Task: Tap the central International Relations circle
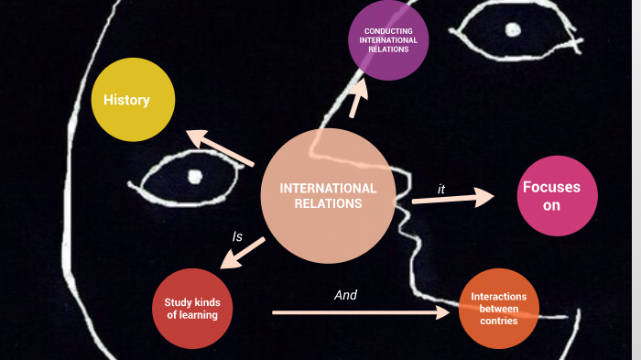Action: tap(328, 195)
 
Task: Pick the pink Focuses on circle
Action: tap(557, 196)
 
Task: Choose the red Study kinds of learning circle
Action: tap(191, 309)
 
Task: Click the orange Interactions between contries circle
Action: tap(498, 309)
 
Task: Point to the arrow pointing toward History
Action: tap(220, 149)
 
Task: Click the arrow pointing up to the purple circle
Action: tap(358, 98)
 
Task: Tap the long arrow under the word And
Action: tap(363, 312)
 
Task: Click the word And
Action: tap(345, 295)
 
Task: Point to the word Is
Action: tap(237, 236)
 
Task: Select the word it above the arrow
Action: tap(441, 189)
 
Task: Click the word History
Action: tap(126, 99)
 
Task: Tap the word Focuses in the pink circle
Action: tap(551, 187)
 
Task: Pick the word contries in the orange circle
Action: tap(499, 322)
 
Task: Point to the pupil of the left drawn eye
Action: tap(194, 176)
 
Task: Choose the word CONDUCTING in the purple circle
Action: tap(388, 30)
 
